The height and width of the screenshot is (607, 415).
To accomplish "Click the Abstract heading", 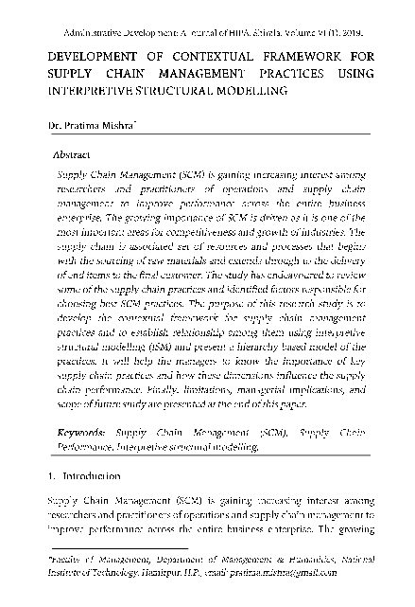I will point(74,152).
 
